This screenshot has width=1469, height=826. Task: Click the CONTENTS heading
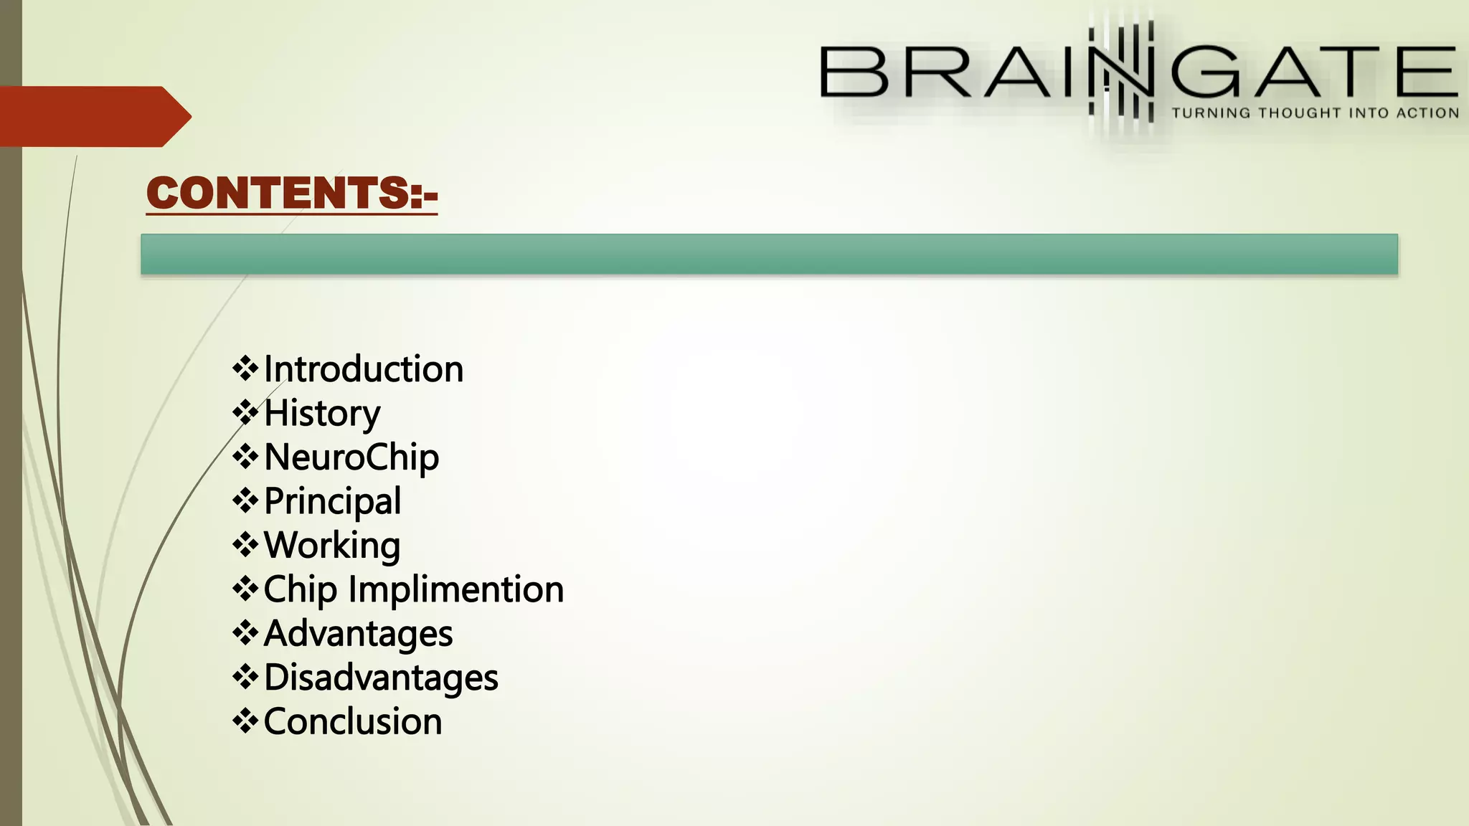pyautogui.click(x=291, y=193)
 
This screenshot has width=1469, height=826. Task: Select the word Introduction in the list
pyautogui.click(x=364, y=369)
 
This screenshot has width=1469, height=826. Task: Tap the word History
pyautogui.click(x=322, y=414)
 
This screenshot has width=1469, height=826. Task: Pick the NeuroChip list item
pyautogui.click(x=351, y=457)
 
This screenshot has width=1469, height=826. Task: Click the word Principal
pyautogui.click(x=332, y=501)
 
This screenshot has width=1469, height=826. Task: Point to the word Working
pyautogui.click(x=332, y=546)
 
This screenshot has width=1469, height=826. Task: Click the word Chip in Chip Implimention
pyautogui.click(x=300, y=590)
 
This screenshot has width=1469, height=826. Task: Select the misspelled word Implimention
pyautogui.click(x=456, y=590)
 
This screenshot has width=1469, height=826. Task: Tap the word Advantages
pyautogui.click(x=358, y=634)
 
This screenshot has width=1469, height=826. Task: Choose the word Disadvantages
pyautogui.click(x=381, y=678)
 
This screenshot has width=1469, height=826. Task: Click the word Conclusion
pyautogui.click(x=353, y=722)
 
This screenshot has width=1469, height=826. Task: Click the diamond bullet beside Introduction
pyautogui.click(x=245, y=369)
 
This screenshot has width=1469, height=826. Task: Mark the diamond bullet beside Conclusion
pyautogui.click(x=245, y=721)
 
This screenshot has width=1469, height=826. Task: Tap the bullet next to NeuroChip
pyautogui.click(x=245, y=457)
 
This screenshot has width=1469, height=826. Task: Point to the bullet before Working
pyautogui.click(x=245, y=545)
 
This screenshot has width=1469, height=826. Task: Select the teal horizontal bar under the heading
pyautogui.click(x=769, y=254)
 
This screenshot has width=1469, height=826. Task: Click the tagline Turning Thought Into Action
pyautogui.click(x=1315, y=113)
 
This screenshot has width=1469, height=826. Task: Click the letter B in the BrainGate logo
pyautogui.click(x=854, y=72)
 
